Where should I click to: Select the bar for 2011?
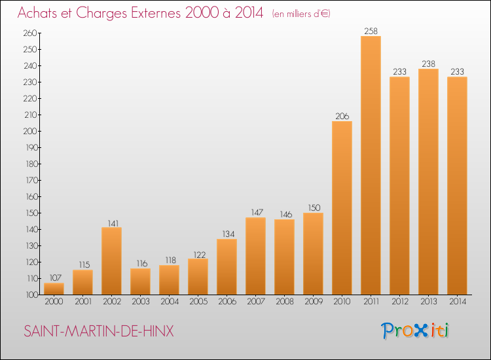point(371,166)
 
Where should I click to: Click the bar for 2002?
point(112,261)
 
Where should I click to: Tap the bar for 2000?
point(54,289)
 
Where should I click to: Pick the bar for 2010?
point(342,208)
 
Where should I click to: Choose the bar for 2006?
point(227,266)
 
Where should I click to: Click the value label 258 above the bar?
point(371,31)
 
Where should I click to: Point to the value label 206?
point(342,116)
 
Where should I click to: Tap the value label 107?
point(56,278)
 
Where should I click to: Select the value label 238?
point(428,64)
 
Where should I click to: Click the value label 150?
point(314,208)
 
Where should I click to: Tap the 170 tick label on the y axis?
point(32,180)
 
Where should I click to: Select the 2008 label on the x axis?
point(285,302)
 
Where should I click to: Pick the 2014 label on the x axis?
point(458,302)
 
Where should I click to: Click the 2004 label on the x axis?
point(170,302)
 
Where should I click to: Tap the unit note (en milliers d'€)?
point(301,14)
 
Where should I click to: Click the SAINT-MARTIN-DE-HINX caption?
point(99,331)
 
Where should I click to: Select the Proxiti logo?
point(414,331)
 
